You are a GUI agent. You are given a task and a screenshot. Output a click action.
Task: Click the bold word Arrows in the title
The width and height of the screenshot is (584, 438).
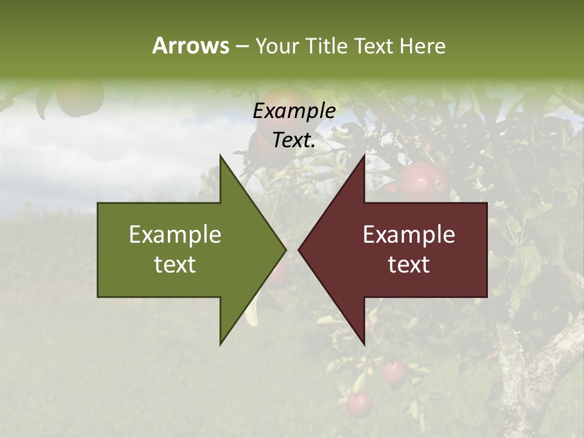click(190, 46)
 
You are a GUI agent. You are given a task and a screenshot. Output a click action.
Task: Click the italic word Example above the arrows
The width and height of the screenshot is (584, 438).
click(294, 111)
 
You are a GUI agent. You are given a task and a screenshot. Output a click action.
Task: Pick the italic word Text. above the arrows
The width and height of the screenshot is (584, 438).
click(294, 140)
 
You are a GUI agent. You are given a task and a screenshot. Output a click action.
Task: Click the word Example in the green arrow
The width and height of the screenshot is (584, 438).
click(175, 234)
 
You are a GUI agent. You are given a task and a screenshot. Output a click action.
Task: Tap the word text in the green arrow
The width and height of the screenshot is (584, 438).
click(175, 264)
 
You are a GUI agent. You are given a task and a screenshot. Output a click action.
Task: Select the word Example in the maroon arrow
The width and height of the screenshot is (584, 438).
click(409, 234)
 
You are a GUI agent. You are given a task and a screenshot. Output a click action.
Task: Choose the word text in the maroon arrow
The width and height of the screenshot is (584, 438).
click(409, 264)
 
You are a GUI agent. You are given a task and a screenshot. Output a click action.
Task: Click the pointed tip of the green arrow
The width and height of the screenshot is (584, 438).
click(285, 249)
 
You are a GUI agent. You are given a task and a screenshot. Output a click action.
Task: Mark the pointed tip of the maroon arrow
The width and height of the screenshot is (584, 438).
click(299, 249)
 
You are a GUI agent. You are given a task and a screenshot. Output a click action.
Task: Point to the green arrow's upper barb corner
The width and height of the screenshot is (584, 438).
click(220, 156)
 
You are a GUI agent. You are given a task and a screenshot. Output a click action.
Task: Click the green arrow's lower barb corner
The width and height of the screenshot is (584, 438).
click(220, 344)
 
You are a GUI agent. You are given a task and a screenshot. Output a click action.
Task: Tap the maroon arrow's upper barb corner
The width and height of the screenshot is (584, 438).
click(364, 156)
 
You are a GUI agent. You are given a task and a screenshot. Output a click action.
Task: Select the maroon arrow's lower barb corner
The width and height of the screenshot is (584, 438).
click(364, 344)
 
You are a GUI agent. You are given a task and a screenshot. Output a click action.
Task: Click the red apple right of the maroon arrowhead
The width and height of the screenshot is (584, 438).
click(422, 181)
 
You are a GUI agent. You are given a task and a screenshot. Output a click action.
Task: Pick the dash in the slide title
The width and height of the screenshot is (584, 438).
click(242, 47)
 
